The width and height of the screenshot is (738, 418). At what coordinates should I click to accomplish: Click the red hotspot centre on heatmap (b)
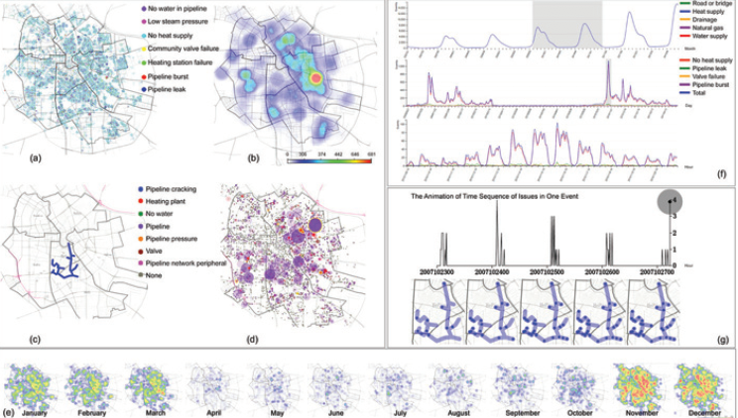pos(314,76)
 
